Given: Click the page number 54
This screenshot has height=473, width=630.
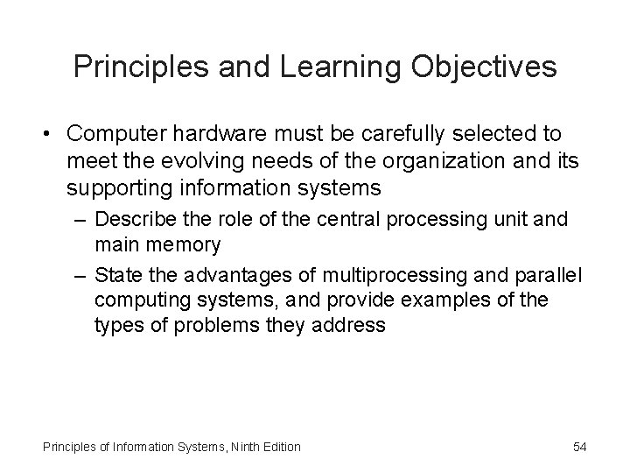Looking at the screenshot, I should pos(578,447).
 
